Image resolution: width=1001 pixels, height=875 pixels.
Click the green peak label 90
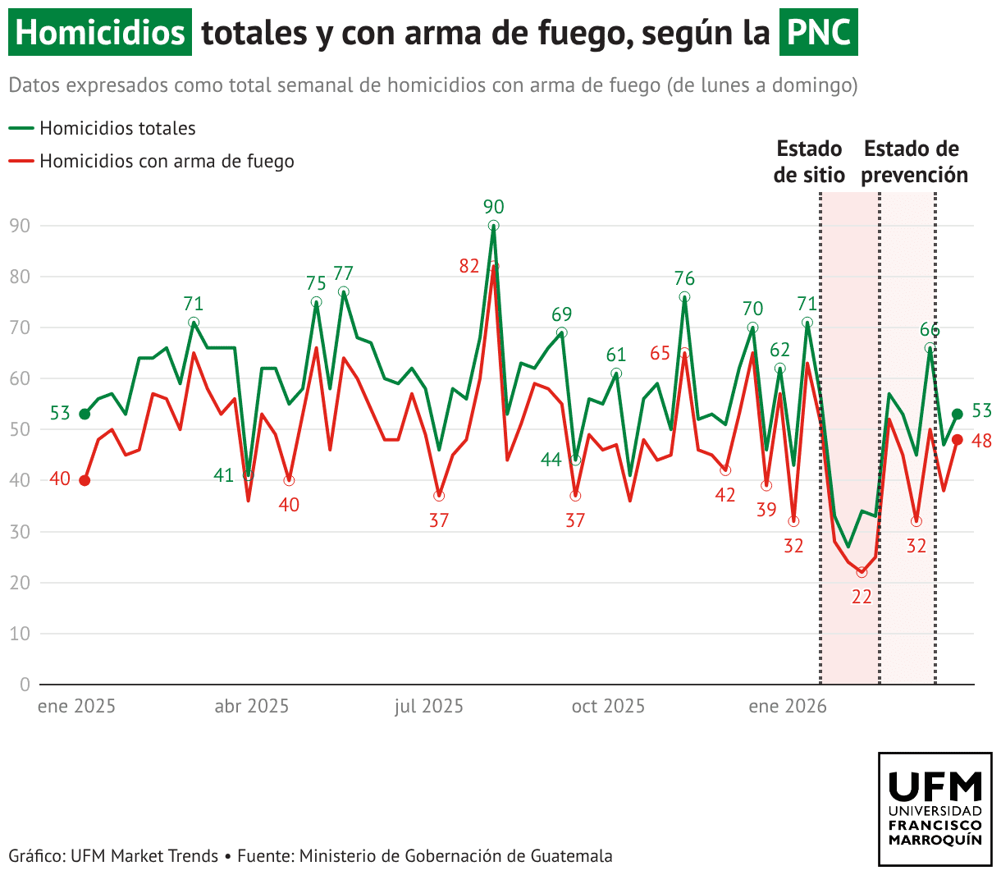(x=493, y=207)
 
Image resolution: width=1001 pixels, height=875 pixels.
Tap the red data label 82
(x=469, y=266)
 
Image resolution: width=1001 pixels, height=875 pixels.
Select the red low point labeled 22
(x=862, y=572)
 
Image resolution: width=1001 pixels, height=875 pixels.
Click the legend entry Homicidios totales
(x=117, y=128)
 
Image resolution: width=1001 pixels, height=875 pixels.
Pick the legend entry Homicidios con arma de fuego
(x=167, y=161)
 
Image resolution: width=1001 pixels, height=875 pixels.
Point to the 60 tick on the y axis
(x=20, y=378)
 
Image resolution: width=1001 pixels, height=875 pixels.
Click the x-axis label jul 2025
(x=429, y=707)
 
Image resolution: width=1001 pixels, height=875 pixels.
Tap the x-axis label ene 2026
(x=788, y=707)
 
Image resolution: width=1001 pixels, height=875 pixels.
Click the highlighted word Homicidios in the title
(x=100, y=33)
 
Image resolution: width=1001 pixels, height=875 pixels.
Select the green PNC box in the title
(x=818, y=33)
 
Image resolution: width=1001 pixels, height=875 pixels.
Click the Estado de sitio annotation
(x=809, y=162)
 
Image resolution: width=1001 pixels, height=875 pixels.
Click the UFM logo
(x=935, y=809)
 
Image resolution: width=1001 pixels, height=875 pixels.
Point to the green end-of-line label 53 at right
(x=981, y=411)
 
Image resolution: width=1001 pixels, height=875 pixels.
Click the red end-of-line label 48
(x=981, y=442)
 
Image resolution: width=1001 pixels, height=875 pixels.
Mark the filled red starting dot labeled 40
(x=85, y=480)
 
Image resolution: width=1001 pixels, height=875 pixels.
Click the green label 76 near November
(x=684, y=279)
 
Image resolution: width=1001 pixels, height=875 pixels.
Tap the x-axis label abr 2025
(x=252, y=707)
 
